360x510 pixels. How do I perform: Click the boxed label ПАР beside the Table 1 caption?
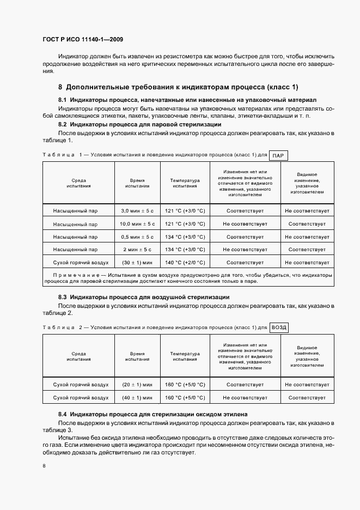[278, 155]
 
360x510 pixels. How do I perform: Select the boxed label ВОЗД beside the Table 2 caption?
[279, 327]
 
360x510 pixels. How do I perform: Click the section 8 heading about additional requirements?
[178, 87]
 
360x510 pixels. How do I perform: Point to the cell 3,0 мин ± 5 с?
[137, 210]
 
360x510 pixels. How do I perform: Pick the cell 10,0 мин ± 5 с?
[137, 223]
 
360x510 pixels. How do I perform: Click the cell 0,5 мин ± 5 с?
[137, 236]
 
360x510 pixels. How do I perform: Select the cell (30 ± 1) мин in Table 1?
[137, 263]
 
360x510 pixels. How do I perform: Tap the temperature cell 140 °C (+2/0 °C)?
[185, 263]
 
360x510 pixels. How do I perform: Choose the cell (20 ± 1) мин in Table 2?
[137, 384]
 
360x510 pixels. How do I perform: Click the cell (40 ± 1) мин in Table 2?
[137, 398]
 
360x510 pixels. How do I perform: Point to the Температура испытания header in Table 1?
[185, 183]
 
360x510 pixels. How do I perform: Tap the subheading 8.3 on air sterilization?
[144, 297]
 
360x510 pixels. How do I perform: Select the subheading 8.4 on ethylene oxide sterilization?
[153, 415]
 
